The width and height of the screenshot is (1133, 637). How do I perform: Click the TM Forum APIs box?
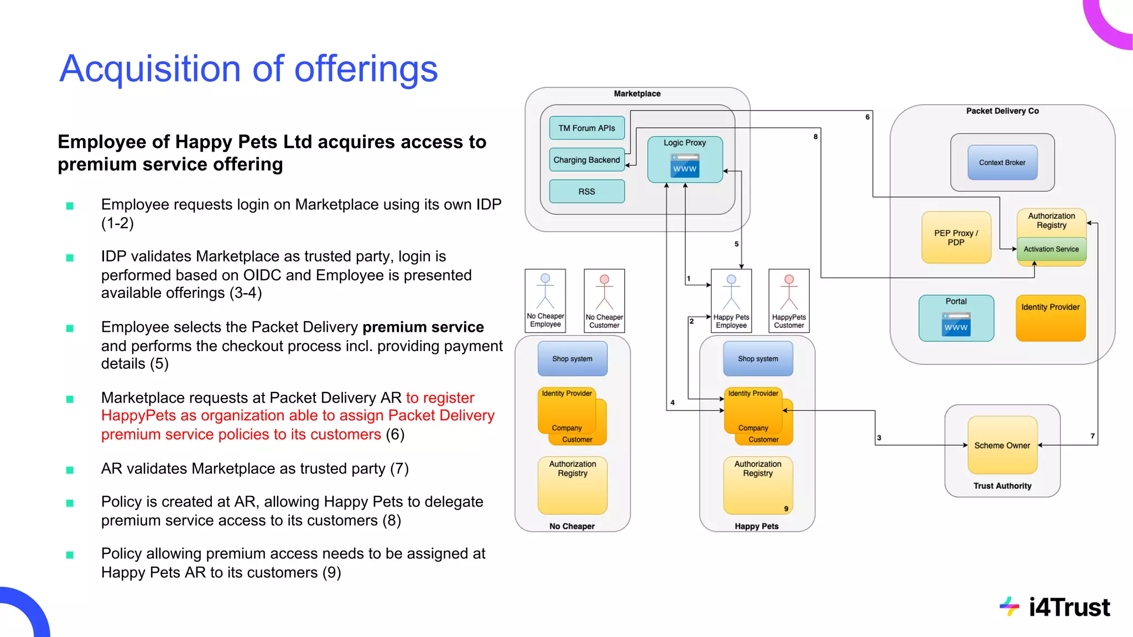[586, 128]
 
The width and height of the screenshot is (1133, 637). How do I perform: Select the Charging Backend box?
[586, 160]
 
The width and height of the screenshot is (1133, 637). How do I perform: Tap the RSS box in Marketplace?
[586, 191]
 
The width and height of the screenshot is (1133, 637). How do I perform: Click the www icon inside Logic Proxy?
[685, 166]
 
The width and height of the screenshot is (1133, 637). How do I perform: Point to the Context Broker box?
[1002, 163]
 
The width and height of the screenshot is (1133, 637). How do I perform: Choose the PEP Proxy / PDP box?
[956, 238]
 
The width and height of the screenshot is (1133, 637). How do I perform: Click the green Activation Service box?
[1051, 249]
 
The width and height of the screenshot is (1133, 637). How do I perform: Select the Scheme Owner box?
[1002, 445]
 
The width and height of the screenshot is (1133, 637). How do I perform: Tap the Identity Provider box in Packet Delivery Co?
[1050, 318]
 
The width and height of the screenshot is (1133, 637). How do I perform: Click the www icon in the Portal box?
[956, 325]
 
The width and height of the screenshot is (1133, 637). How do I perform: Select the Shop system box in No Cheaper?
[572, 359]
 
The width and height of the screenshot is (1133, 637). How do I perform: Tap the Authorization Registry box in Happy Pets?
[757, 484]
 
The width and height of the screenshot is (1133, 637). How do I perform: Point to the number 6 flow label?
[867, 117]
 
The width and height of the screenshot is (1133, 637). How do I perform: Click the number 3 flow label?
[879, 438]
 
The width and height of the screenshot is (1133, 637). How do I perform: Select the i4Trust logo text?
[1069, 608]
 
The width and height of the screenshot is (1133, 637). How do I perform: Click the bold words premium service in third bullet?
[423, 327]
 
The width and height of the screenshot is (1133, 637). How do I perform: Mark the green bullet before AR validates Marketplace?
[70, 470]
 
